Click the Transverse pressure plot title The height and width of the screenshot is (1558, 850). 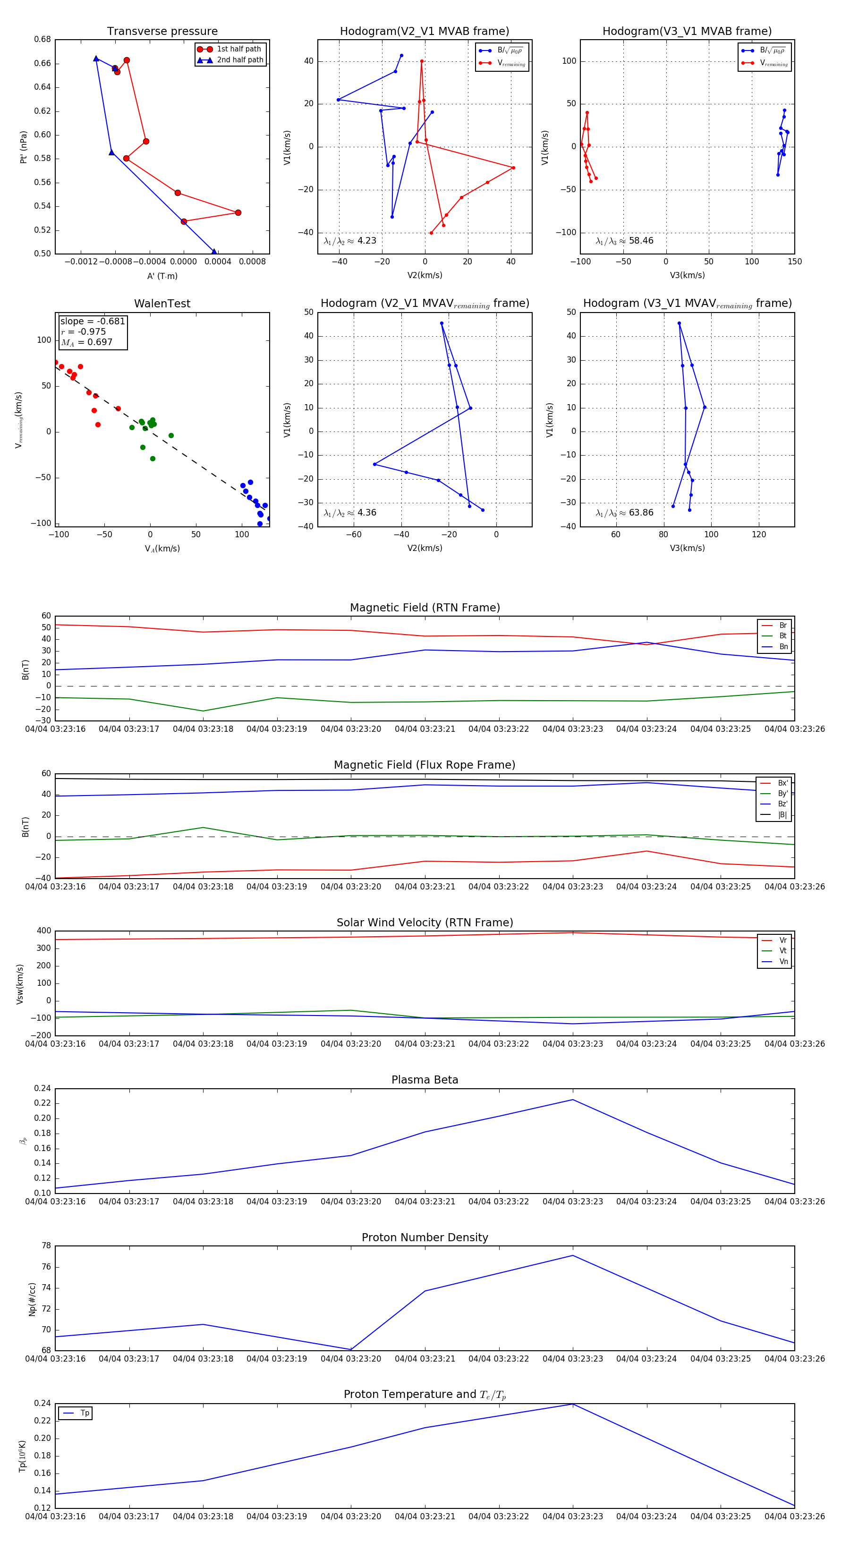(x=162, y=32)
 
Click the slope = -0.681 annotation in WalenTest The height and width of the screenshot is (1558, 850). (x=93, y=321)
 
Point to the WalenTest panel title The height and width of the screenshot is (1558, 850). (x=162, y=304)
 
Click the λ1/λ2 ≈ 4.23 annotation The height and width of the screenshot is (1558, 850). (x=349, y=241)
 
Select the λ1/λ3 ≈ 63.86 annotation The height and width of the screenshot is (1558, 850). (x=624, y=513)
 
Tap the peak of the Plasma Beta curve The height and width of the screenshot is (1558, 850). (x=572, y=1100)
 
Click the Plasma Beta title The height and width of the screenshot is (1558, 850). (x=425, y=1080)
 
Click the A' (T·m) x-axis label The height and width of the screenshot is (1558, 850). (x=162, y=276)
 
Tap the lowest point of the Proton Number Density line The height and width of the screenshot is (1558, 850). (x=351, y=1349)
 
